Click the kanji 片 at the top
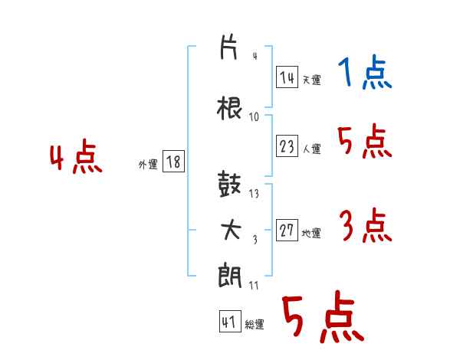point(228,47)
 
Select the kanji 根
point(229,108)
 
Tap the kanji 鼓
point(229,184)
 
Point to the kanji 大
point(231,230)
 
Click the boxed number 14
point(287,77)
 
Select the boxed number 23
point(287,146)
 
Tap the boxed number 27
point(287,230)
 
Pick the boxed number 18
point(173,162)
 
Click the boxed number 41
point(230,322)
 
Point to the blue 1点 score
point(365,72)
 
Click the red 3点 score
point(366,225)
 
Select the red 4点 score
point(76,156)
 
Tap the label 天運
point(311,80)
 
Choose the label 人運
point(312,149)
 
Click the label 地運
point(311,233)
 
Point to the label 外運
point(148,164)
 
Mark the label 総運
point(255,324)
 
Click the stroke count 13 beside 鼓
point(254,194)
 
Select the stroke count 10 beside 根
point(254,117)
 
